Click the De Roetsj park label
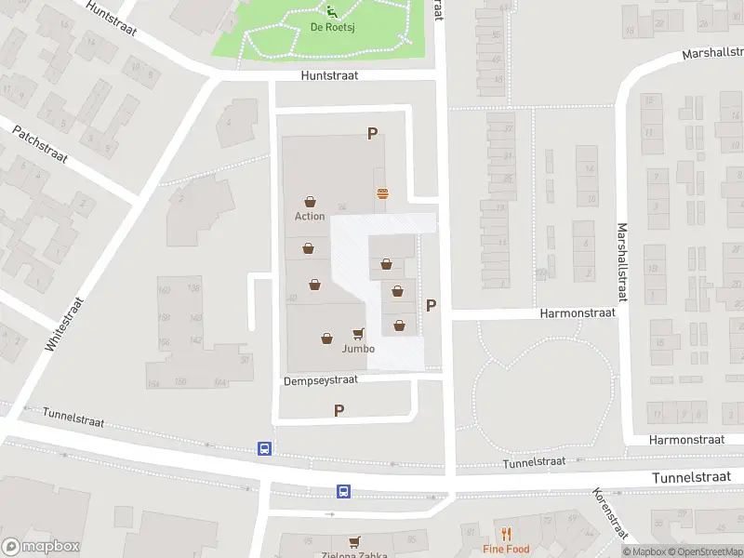point(330,27)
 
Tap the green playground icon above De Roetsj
point(331,10)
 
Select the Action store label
point(310,216)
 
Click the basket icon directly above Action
point(310,201)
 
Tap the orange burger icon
point(382,193)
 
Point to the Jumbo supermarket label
point(358,349)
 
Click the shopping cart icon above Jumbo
point(358,334)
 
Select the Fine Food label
point(506,549)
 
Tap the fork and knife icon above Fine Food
point(506,534)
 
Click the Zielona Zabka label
point(354,552)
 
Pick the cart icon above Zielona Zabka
point(354,540)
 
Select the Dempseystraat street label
point(321,381)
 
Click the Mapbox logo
point(40,547)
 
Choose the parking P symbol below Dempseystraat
point(339,410)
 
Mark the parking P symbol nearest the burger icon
point(372,134)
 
